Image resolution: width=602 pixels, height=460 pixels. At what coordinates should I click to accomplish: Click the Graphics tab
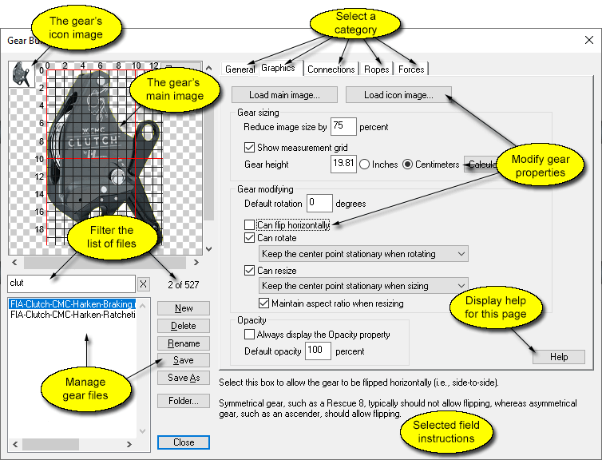(x=278, y=69)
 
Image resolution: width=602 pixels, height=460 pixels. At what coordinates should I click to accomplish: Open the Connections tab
(x=331, y=69)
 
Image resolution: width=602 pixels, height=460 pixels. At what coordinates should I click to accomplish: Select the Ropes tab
(x=376, y=69)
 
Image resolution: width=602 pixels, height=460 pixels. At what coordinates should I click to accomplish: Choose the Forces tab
(x=411, y=69)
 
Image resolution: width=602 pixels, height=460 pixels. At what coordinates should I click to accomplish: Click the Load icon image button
(x=398, y=95)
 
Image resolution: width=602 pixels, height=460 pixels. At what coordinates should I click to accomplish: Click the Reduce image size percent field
(x=343, y=126)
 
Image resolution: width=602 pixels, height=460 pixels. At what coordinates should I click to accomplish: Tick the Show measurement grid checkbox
(x=249, y=148)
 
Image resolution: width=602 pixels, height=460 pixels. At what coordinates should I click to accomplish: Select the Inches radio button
(x=365, y=165)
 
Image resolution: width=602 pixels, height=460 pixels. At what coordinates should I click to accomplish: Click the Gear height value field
(x=343, y=165)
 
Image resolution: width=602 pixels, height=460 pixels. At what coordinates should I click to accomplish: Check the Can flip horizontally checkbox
(x=249, y=226)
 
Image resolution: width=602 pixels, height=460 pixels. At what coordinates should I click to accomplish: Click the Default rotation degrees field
(x=319, y=204)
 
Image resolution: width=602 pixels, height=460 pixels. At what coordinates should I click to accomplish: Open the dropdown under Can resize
(x=363, y=285)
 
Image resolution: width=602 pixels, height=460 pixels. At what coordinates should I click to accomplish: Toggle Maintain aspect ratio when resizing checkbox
(x=264, y=303)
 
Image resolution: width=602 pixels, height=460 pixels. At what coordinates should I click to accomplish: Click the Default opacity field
(x=317, y=351)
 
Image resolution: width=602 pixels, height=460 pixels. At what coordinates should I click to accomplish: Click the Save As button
(x=184, y=378)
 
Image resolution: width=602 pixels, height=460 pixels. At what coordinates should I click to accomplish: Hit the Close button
(x=184, y=442)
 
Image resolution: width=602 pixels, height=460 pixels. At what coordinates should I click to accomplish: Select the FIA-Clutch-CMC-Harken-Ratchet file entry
(x=73, y=315)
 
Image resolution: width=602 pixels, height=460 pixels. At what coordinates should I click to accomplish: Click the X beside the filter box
(x=143, y=284)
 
